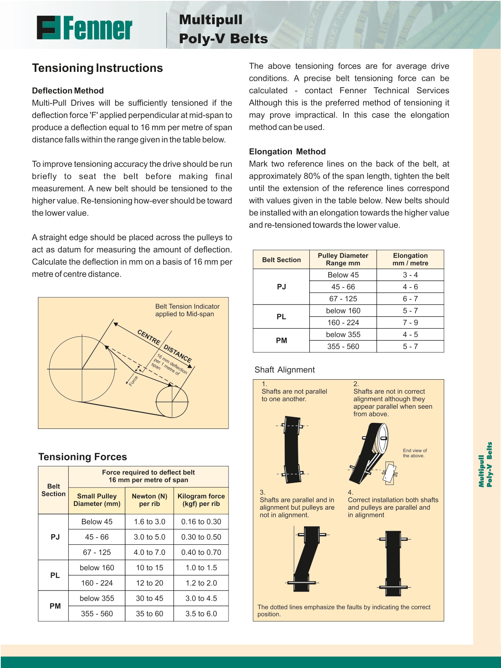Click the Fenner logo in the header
(x=84, y=28)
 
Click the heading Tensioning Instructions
(x=97, y=68)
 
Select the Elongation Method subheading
(x=287, y=151)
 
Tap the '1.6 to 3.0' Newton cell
(x=149, y=521)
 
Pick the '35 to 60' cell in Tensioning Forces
(x=149, y=613)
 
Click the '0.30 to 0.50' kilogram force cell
(x=201, y=537)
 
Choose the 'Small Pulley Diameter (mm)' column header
(x=97, y=500)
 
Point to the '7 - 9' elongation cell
(x=410, y=322)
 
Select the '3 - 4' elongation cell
(x=410, y=275)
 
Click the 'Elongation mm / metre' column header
(x=410, y=259)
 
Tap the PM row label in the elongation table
(x=281, y=340)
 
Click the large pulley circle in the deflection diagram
(x=82, y=369)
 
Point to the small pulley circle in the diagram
(x=172, y=401)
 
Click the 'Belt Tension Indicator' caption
(x=187, y=310)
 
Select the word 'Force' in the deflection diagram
(x=133, y=381)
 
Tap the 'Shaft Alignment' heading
(x=285, y=370)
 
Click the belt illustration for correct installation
(x=393, y=563)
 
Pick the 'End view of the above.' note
(x=415, y=453)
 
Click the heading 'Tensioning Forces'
(x=82, y=457)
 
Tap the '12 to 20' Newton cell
(x=149, y=583)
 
